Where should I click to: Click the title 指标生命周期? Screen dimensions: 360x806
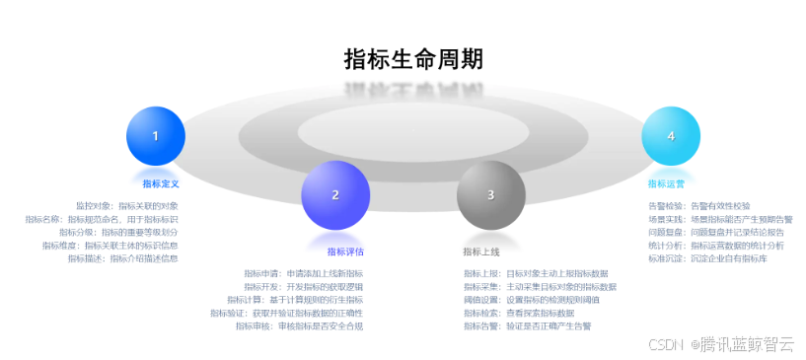[413, 59]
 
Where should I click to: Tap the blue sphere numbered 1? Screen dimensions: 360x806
[156, 136]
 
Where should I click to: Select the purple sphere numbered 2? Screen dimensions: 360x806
[335, 194]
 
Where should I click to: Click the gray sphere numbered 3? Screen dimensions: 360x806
[490, 194]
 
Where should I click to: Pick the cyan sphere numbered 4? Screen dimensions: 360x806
[671, 136]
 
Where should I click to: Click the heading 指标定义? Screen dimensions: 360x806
[160, 183]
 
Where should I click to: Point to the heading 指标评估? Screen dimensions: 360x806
[346, 252]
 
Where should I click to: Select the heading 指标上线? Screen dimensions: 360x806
[481, 252]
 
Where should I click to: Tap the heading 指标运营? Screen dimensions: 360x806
[666, 183]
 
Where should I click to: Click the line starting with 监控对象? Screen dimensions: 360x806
[126, 206]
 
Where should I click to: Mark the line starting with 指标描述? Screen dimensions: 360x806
[123, 258]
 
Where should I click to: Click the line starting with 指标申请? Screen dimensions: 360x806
[304, 273]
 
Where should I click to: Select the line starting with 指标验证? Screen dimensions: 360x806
[286, 313]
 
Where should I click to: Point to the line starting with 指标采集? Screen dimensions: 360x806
[540, 286]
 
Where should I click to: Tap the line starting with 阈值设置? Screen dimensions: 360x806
[524, 300]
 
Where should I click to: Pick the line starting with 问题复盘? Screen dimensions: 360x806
[715, 232]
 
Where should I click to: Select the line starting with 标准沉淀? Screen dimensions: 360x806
[707, 258]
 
